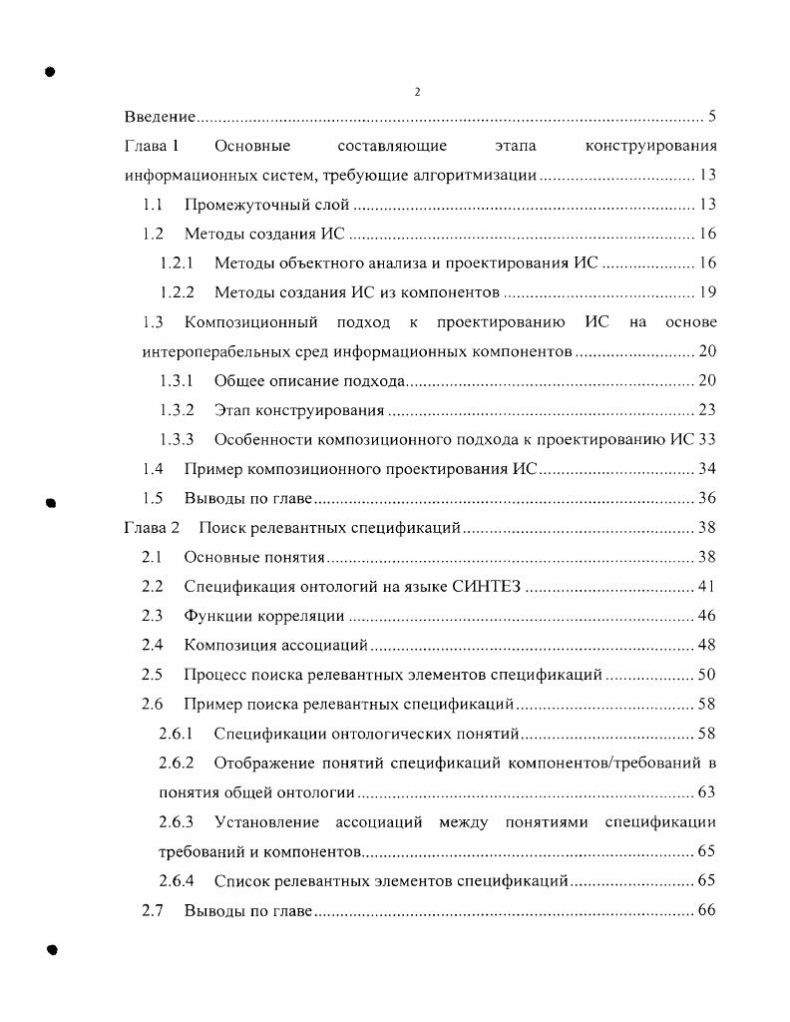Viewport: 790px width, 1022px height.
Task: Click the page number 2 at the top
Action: click(417, 92)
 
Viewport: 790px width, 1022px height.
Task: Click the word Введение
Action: click(160, 118)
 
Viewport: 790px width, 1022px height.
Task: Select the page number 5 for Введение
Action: click(711, 118)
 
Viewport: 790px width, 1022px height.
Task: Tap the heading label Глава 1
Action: click(151, 147)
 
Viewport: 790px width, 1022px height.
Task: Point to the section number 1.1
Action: click(153, 206)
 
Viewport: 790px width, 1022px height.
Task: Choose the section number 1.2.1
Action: click(177, 263)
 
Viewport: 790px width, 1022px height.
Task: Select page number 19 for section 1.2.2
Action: click(707, 293)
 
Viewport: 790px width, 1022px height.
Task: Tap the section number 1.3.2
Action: click(177, 410)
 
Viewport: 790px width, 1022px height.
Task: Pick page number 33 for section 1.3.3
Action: click(707, 440)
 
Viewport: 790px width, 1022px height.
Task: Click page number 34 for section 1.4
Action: click(707, 469)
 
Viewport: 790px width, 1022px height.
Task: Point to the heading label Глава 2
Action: click(151, 528)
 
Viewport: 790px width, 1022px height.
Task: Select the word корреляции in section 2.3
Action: click(298, 616)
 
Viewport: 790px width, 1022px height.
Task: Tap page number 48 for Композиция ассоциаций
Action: click(707, 646)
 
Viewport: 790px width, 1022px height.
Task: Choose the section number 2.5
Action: click(153, 675)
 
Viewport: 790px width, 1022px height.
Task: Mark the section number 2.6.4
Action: click(177, 881)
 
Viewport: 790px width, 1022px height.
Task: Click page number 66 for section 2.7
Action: click(707, 911)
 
